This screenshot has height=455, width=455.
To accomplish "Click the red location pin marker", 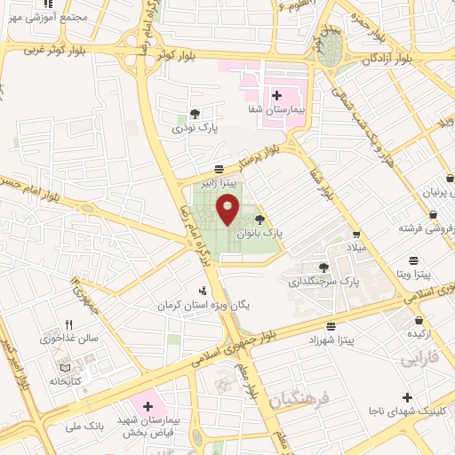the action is [x=228, y=210].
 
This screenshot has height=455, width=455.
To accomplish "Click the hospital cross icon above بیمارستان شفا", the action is [x=276, y=95].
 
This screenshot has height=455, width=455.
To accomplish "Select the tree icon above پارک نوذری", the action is [x=194, y=113].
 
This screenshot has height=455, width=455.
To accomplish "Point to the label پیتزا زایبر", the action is [x=219, y=185].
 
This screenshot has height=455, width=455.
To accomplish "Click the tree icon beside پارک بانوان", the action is [x=259, y=218].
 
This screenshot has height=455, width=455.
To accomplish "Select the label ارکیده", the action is [x=419, y=334].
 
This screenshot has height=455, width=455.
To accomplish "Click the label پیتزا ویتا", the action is [x=414, y=276].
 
